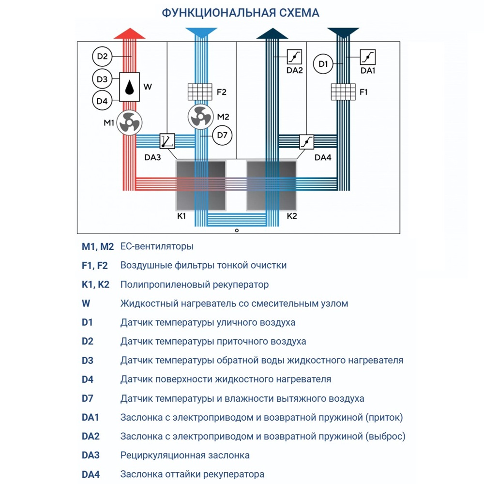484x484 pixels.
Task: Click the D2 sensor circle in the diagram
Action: [x=102, y=57]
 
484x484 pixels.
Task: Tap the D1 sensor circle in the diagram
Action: [x=324, y=64]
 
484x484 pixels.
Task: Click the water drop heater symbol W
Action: [x=130, y=88]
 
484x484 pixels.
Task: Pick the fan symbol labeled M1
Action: [x=129, y=122]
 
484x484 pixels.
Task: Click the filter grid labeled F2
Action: [x=200, y=91]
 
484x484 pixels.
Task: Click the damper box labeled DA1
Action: [x=367, y=57]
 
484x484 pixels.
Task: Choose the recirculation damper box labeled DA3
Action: [x=167, y=141]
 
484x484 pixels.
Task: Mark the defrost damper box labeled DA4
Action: [x=307, y=142]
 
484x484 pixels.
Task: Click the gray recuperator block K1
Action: [x=200, y=186]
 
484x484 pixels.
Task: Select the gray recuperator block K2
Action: [x=272, y=186]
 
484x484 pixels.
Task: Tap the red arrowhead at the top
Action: [x=129, y=33]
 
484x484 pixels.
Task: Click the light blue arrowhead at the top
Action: [x=200, y=33]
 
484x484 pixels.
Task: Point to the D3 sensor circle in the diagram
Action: [x=102, y=78]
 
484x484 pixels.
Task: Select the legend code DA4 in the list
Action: [x=91, y=474]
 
